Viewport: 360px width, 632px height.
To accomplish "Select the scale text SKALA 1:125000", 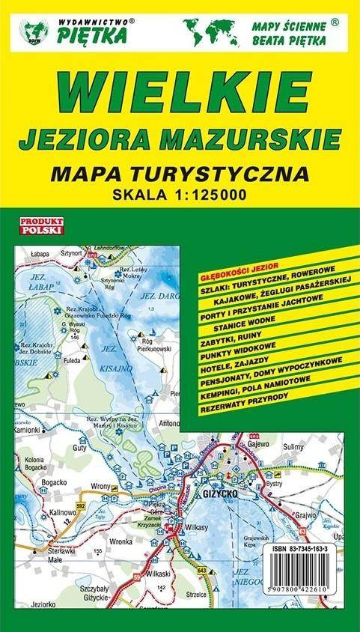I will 179,197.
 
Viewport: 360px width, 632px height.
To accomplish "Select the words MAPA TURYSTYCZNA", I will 179,175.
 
